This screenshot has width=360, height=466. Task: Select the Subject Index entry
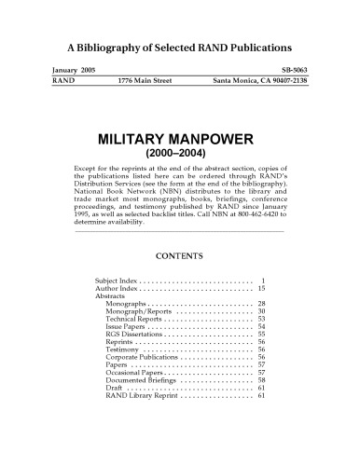click(117, 281)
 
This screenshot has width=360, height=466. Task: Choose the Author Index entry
click(117, 290)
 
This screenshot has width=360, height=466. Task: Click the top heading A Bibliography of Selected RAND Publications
click(180, 46)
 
